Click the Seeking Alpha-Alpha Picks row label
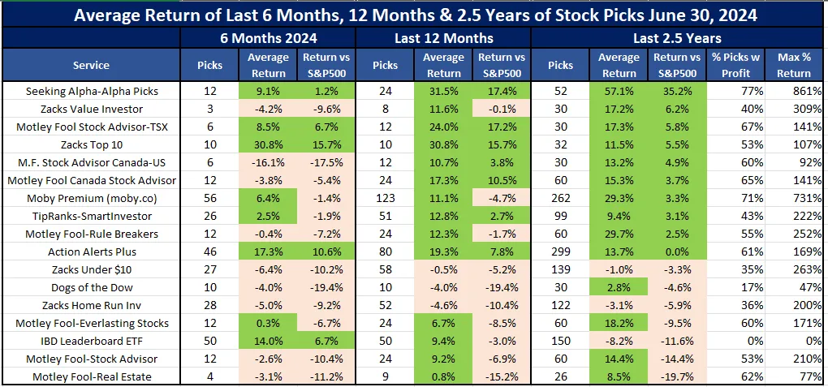click(91, 92)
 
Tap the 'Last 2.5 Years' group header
click(678, 38)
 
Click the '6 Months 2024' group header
click(268, 38)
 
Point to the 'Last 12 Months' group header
click(443, 38)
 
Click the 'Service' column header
click(91, 65)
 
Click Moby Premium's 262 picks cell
click(560, 198)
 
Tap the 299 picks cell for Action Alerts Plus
click(560, 252)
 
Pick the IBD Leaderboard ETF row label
click(91, 341)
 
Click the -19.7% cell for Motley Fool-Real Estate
click(676, 376)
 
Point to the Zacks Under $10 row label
click(91, 269)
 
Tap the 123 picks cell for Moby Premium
click(385, 198)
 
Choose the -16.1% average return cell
click(268, 162)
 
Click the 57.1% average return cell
click(618, 92)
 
